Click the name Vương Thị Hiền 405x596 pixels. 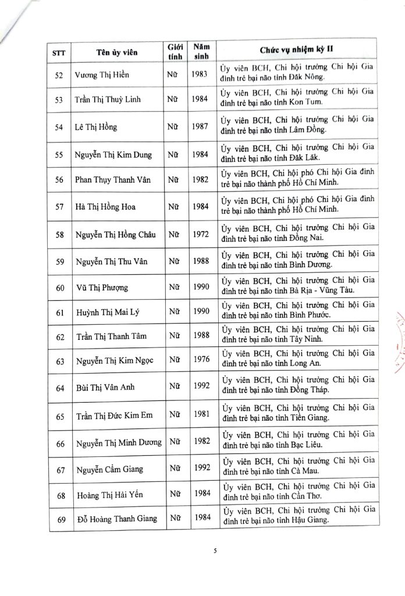pyautogui.click(x=106, y=76)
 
